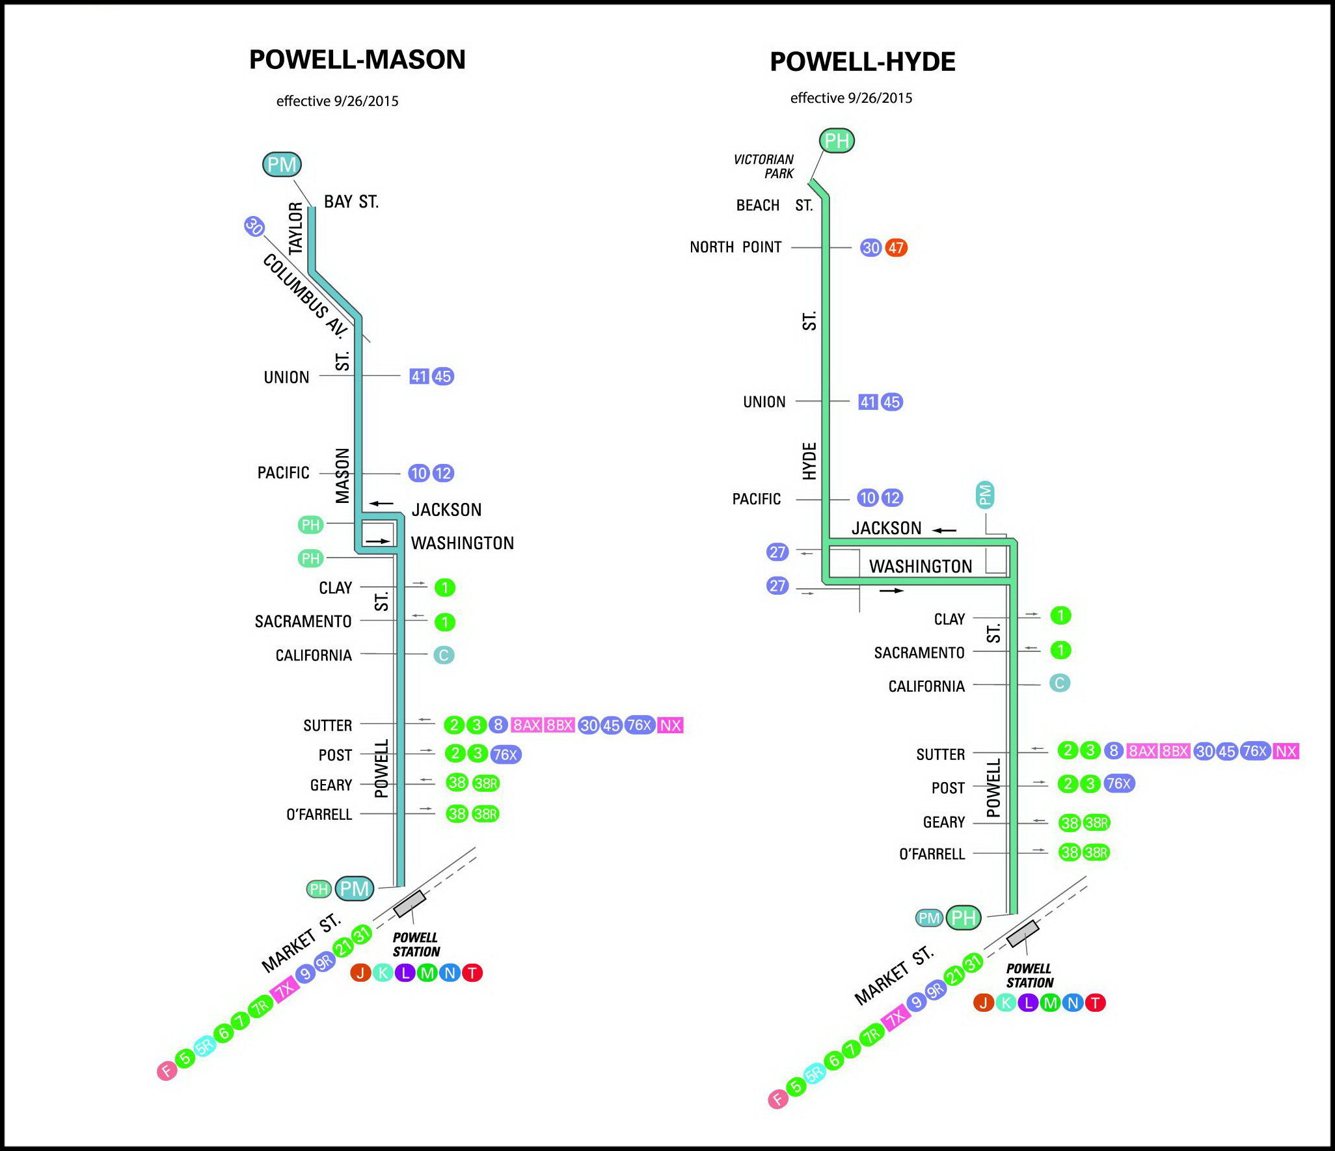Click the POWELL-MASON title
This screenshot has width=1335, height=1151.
[357, 60]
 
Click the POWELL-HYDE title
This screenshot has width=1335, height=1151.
[862, 62]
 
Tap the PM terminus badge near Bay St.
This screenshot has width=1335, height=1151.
[282, 164]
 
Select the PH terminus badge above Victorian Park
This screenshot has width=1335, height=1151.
[836, 141]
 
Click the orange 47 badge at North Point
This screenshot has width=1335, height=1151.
[896, 248]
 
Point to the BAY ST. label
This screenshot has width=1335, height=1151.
[351, 202]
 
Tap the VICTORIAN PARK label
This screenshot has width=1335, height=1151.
[764, 167]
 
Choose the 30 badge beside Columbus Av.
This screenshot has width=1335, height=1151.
[254, 226]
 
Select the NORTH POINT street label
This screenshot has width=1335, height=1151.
[735, 247]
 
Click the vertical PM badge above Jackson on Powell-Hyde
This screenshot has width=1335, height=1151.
[985, 496]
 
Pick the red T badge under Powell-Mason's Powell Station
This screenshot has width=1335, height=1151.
[472, 973]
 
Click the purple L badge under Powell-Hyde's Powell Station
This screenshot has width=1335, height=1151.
[1028, 1003]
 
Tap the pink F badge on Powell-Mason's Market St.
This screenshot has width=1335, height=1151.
[167, 1070]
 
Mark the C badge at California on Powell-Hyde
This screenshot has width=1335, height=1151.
[1059, 683]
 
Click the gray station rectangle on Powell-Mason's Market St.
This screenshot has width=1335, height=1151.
[409, 904]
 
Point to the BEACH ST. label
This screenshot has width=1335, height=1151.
[774, 206]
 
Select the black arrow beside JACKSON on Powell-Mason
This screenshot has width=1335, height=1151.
[381, 504]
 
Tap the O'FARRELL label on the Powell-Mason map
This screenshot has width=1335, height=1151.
[319, 815]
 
